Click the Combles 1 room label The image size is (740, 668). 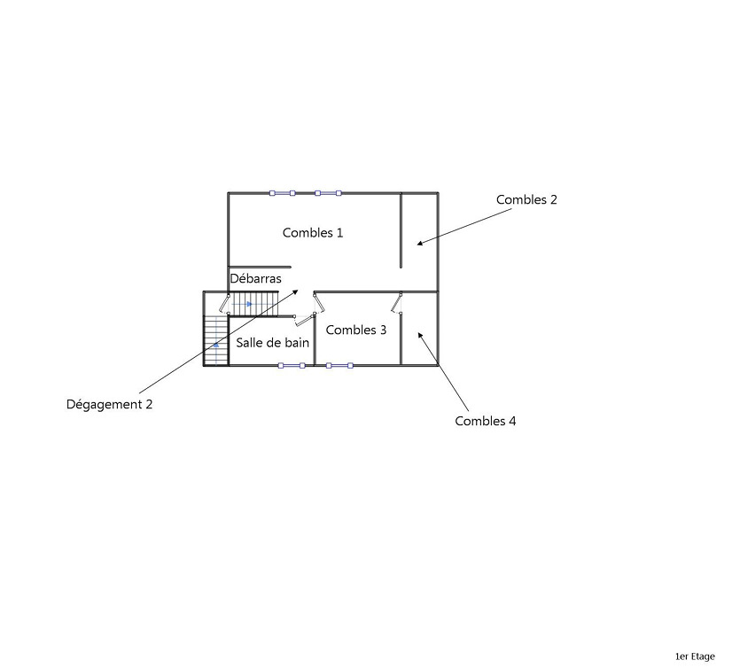pos(313,233)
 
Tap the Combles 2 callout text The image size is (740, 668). pos(526,200)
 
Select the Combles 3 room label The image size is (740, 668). pos(356,330)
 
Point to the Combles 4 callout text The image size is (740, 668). pos(485,422)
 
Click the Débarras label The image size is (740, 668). pos(255,279)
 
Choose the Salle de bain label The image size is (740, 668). pos(272,343)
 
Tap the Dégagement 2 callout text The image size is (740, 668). pos(110,405)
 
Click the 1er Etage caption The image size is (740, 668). pos(695,656)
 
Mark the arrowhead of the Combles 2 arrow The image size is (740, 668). pos(420,243)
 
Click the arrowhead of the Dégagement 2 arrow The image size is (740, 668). pos(298,291)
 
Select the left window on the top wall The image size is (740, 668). pos(283,192)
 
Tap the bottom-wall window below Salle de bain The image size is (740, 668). pos(292,365)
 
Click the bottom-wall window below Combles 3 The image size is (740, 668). pos(339,365)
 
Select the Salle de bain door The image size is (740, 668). pos(304,318)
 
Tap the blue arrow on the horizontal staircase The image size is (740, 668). pos(250,304)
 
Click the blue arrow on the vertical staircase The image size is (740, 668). pos(215,345)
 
